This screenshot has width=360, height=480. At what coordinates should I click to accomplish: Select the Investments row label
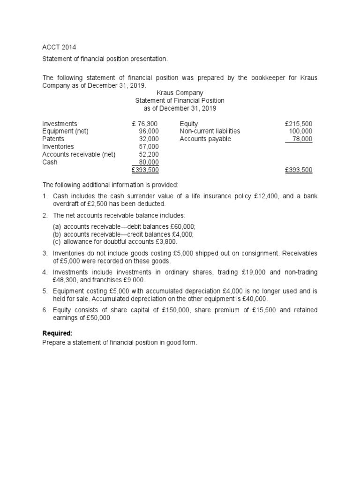(60, 124)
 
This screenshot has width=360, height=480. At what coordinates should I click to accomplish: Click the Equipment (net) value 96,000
(149, 131)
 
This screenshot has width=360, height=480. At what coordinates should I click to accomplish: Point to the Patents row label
(53, 139)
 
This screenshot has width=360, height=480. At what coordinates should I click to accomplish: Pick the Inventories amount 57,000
(149, 147)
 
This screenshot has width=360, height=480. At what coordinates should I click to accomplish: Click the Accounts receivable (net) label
(79, 154)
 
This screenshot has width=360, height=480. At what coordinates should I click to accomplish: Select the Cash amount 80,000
(149, 162)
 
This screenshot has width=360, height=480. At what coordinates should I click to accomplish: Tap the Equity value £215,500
(298, 124)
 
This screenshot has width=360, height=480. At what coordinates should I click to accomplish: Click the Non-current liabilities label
(210, 131)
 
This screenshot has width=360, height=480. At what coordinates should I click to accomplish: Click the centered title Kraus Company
(180, 93)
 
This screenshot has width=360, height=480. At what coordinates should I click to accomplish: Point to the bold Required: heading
(57, 333)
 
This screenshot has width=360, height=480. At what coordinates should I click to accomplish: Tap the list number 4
(45, 272)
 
